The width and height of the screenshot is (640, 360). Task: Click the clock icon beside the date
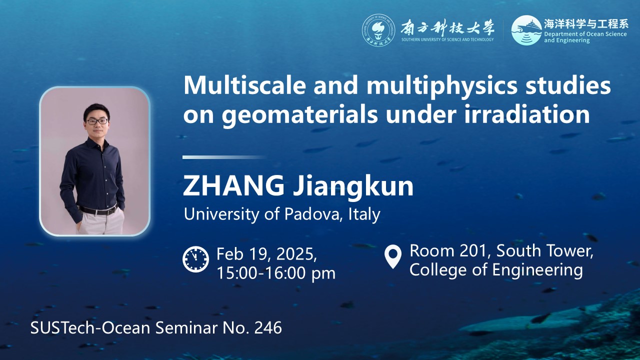click(x=195, y=259)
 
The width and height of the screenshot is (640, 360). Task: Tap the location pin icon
click(x=393, y=256)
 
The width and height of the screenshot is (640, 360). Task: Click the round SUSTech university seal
click(x=378, y=30)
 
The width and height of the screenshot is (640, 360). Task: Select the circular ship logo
click(x=526, y=30)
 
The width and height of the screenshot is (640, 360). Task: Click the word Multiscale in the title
click(x=244, y=85)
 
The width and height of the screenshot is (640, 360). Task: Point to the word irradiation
click(x=527, y=114)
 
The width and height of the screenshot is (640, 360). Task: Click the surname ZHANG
click(x=233, y=186)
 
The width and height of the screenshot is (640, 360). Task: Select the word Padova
click(x=313, y=213)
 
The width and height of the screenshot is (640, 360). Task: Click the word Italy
click(x=364, y=214)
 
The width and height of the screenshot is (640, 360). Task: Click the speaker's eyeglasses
click(x=97, y=121)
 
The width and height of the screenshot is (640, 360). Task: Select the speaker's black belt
click(x=98, y=210)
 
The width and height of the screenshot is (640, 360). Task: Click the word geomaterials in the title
click(x=299, y=115)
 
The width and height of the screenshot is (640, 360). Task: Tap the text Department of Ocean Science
click(x=585, y=34)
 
